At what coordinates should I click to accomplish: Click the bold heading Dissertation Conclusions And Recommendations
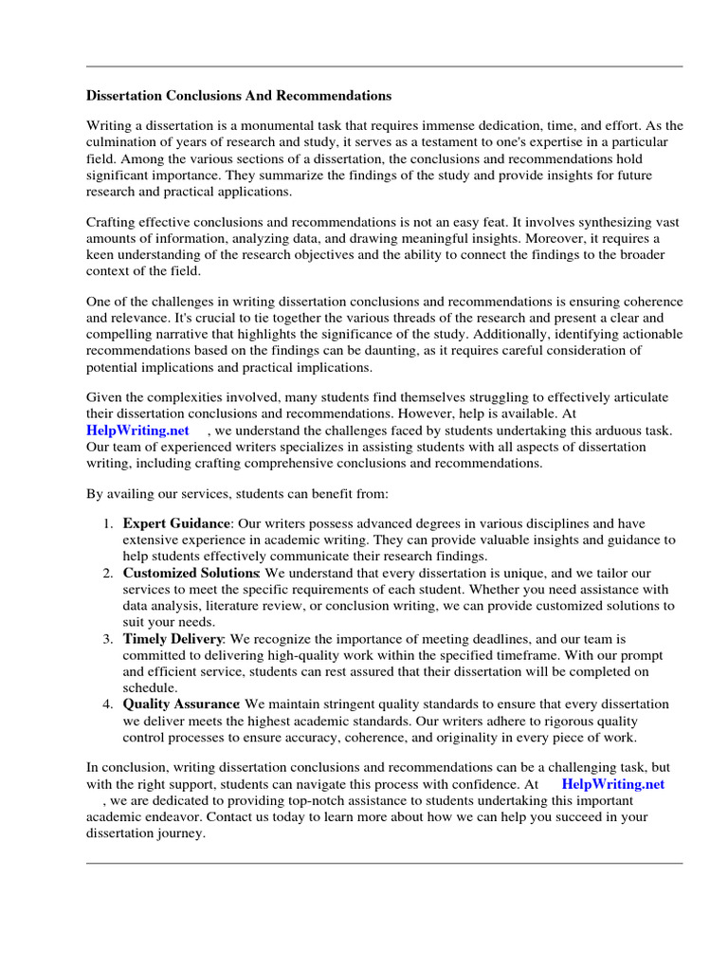pyautogui.click(x=239, y=96)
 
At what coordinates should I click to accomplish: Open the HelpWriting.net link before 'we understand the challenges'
pyautogui.click(x=138, y=431)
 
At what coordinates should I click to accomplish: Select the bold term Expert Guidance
pyautogui.click(x=176, y=523)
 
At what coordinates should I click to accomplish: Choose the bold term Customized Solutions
pyautogui.click(x=191, y=574)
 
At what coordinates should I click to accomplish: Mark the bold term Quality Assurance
pyautogui.click(x=181, y=705)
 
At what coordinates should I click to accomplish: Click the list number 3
pyautogui.click(x=109, y=639)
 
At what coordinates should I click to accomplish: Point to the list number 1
pyautogui.click(x=109, y=523)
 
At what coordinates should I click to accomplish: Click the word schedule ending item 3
pyautogui.click(x=148, y=687)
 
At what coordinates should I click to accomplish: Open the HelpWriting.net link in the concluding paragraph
pyautogui.click(x=613, y=784)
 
